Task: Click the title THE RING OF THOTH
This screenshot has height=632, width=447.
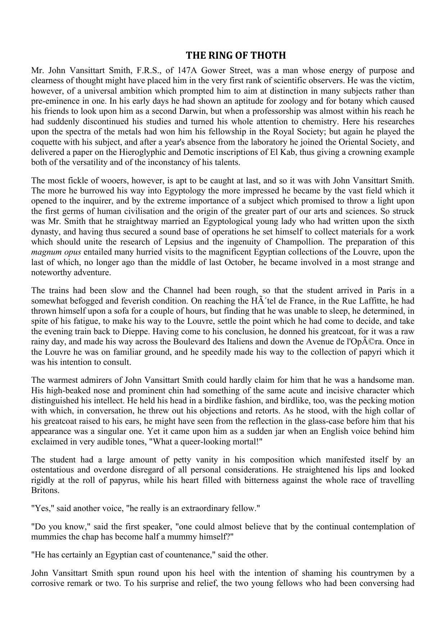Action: click(236, 55)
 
